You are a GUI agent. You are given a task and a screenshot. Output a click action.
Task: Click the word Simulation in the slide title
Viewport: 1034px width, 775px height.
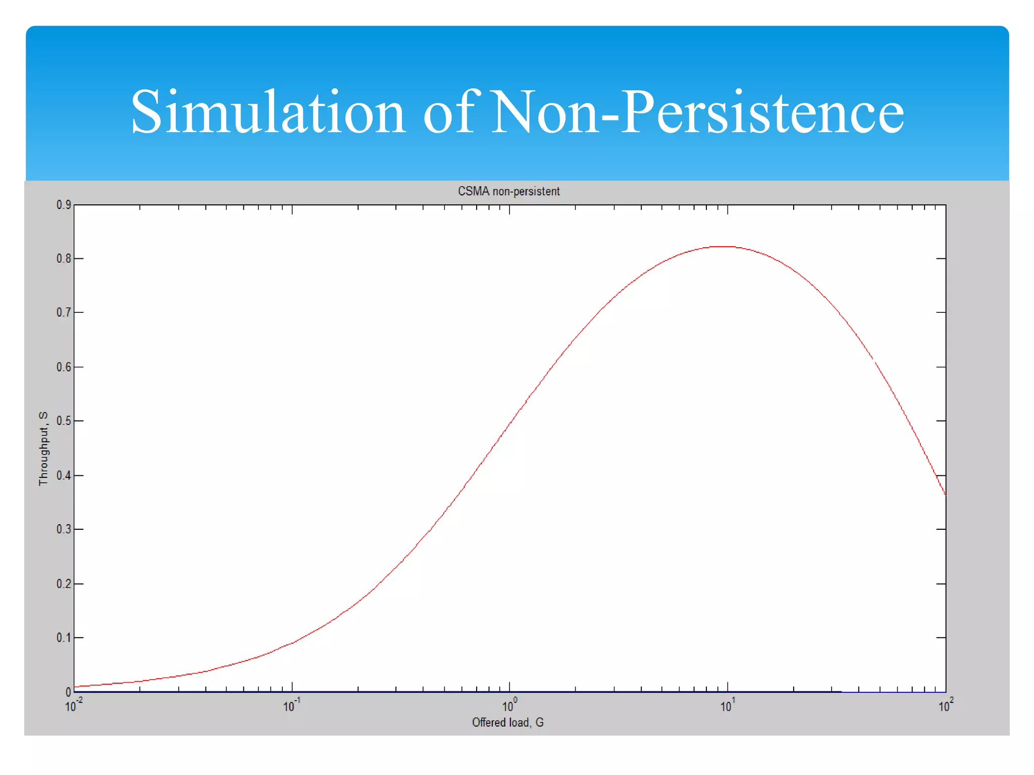point(268,112)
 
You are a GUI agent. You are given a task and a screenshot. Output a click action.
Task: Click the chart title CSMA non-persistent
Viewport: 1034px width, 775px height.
point(508,191)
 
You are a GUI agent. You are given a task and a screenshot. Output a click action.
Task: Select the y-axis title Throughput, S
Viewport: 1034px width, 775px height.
point(43,448)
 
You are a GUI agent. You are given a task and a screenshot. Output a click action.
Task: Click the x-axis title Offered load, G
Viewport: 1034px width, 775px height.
point(507,722)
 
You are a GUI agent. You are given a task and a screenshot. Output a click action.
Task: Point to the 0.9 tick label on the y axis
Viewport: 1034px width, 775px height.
point(64,205)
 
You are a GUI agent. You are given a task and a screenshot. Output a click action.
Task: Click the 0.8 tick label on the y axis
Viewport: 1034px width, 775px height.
point(64,258)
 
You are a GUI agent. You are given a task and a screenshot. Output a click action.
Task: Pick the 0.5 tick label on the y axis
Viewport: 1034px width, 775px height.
point(64,421)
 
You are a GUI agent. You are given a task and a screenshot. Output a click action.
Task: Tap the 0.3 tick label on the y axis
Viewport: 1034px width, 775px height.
point(64,529)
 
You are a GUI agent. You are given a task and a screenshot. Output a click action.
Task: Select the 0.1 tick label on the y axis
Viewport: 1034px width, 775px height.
point(64,638)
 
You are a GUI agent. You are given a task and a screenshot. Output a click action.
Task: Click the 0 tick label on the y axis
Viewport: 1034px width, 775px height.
point(68,692)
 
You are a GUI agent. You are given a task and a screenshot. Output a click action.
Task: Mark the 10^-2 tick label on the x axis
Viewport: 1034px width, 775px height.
point(73,705)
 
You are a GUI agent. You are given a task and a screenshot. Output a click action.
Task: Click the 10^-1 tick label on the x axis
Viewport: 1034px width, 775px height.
point(291,705)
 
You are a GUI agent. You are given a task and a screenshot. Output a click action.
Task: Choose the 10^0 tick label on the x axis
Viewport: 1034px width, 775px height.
point(509,705)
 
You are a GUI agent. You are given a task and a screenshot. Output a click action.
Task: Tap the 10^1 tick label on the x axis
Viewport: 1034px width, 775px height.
point(727,705)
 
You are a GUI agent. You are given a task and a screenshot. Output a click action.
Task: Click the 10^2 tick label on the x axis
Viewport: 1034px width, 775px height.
point(945,705)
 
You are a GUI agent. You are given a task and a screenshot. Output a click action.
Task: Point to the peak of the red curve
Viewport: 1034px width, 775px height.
point(722,247)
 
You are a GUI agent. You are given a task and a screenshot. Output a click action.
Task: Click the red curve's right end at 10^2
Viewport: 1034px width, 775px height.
point(945,494)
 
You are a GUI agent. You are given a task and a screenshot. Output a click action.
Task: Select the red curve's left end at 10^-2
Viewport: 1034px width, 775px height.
point(75,686)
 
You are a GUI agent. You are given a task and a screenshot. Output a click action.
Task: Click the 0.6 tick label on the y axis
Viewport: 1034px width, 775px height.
point(64,367)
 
